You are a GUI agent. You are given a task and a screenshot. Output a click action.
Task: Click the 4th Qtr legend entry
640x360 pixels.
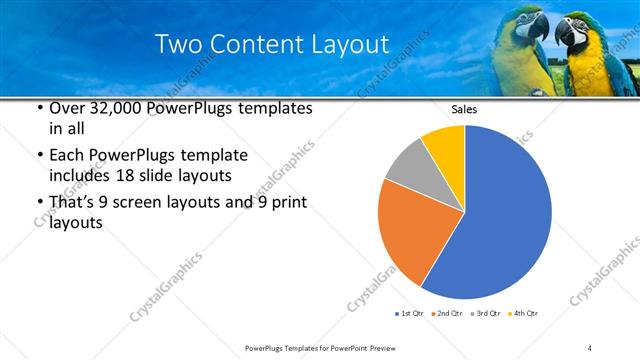523,314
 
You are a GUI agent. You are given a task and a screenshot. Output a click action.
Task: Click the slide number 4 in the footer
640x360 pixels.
590,347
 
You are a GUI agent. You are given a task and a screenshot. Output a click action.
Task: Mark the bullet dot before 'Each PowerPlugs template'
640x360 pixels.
38,156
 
